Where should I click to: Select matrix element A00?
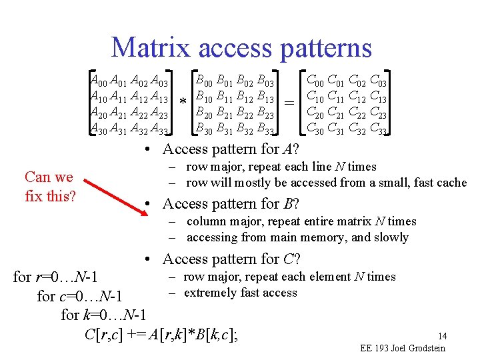pos(98,81)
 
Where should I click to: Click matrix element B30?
pos(203,128)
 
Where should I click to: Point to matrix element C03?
pos(378,81)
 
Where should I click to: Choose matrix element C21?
pos(337,113)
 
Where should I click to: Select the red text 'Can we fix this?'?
pos(49,187)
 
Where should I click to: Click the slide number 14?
pos(442,336)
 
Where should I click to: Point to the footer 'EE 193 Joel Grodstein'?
pos(402,348)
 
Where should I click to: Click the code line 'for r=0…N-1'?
pos(56,277)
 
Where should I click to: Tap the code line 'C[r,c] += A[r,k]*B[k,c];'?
pos(163,334)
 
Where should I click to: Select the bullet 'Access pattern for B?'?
pos(231,204)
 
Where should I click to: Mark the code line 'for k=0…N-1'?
pos(103,315)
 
